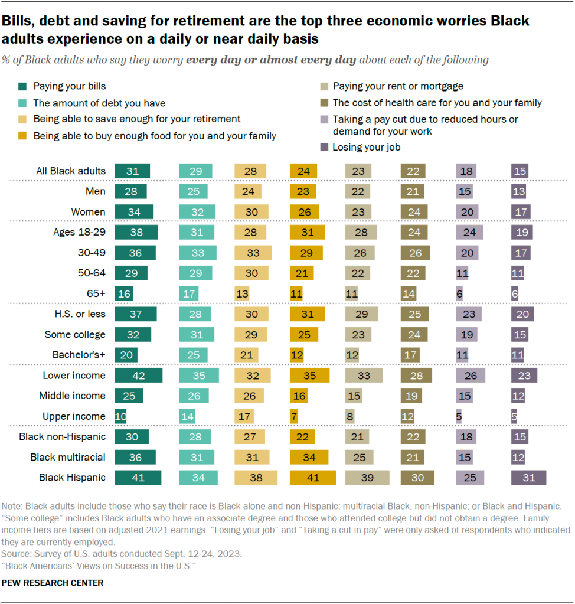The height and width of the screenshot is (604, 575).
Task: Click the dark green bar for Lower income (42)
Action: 138,376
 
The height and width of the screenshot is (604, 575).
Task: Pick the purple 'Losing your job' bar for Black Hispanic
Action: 528,478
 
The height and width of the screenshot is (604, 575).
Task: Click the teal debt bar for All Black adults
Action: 195,171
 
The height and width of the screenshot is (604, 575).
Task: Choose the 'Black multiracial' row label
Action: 68,457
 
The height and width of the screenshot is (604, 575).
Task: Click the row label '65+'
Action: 95,293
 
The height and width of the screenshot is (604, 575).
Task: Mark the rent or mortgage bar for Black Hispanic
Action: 367,478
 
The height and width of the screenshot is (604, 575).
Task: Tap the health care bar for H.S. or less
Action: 415,314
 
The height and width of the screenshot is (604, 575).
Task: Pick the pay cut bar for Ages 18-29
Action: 470,232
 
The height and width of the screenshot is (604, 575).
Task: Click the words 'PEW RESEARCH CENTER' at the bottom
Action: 53,583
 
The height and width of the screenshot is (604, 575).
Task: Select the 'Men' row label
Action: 96,191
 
